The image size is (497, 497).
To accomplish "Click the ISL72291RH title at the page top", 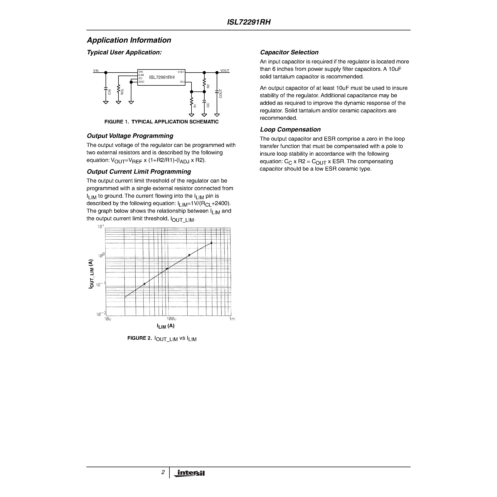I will point(249,22).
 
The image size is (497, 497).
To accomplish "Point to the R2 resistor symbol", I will point(204,83).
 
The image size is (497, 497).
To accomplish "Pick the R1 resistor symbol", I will point(191,102).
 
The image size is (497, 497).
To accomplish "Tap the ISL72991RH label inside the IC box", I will point(162,77).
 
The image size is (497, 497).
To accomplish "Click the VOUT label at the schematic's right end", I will point(225,70).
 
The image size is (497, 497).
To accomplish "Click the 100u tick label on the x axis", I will point(171,319).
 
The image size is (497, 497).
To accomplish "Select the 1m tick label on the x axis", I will point(232,319).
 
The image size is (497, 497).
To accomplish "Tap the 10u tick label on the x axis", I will point(108,319).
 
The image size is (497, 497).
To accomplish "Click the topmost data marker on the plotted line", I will point(212,243).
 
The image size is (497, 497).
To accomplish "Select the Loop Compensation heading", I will point(290,129).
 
